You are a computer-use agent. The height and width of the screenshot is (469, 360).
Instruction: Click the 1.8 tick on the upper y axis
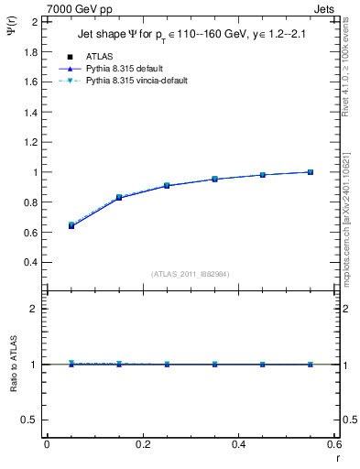point(30,51)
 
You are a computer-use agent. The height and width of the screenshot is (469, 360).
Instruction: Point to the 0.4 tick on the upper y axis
point(30,262)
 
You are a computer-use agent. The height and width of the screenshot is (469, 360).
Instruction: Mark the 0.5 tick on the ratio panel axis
point(30,420)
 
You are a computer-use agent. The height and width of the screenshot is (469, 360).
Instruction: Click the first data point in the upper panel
point(71,224)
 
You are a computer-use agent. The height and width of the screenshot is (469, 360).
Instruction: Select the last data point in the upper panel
point(311,171)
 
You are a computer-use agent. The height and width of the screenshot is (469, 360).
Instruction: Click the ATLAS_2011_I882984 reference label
point(191,274)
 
